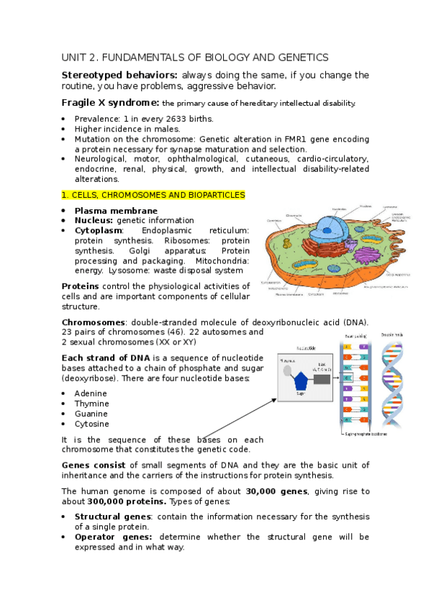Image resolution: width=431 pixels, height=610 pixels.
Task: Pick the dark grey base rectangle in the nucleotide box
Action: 322,379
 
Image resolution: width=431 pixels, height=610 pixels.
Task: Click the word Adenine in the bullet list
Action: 91,393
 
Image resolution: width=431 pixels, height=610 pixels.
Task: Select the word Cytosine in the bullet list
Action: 91,424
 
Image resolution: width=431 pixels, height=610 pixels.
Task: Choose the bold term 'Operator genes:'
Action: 113,537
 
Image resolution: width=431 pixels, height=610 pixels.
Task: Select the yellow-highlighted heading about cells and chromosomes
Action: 153,195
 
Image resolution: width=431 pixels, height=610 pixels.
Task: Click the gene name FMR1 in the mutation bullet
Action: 287,139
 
